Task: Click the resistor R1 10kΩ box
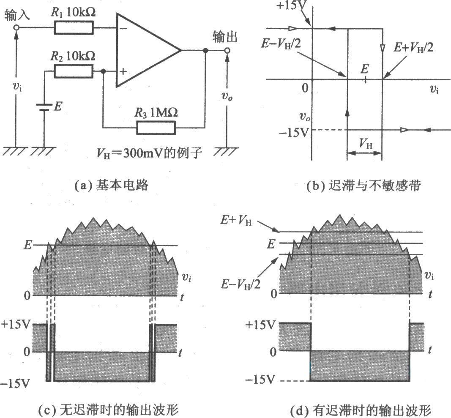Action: pos(74,28)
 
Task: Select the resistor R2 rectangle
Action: pos(74,71)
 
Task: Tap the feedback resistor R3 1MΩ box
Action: pos(156,128)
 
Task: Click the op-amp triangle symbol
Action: pos(148,50)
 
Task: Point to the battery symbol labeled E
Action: pos(44,107)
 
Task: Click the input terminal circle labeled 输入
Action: pos(16,27)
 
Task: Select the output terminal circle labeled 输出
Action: pos(227,51)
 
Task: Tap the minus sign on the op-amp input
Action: pos(123,28)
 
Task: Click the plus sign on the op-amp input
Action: pos(123,71)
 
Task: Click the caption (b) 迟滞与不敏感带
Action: pos(364,186)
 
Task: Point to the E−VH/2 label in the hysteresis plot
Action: pos(281,44)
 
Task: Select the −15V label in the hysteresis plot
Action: pos(294,133)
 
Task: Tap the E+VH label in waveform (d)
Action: pos(236,221)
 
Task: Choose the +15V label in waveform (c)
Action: pos(16,324)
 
